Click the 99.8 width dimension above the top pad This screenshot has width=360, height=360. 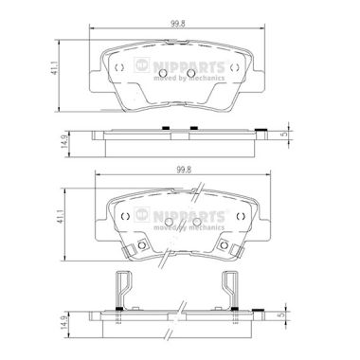coord(178,25)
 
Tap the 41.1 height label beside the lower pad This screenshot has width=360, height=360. coord(60,217)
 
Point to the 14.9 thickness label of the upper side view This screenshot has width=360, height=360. coord(64,142)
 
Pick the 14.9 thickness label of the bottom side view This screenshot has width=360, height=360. coord(63,320)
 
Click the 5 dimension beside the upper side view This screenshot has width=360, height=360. coord(285,134)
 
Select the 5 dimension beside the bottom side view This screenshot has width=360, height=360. coord(283,315)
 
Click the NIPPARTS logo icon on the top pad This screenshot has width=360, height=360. coord(142,65)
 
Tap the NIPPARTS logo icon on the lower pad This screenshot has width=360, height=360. coord(142,215)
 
